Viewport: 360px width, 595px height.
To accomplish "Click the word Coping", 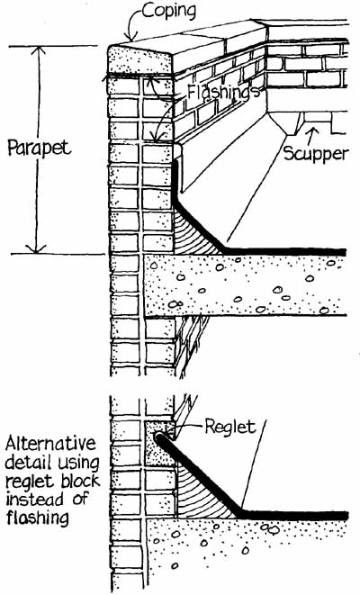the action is coord(169,11).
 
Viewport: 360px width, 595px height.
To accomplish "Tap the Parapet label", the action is coord(39,148).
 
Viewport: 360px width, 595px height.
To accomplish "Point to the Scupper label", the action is coord(316,153).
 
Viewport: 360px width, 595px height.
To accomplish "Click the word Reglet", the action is coord(230,427).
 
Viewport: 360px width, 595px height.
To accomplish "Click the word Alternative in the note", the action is coord(50,443).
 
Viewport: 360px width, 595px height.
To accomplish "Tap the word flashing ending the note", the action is coord(37,518).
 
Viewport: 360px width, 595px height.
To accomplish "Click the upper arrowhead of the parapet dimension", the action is coord(37,50).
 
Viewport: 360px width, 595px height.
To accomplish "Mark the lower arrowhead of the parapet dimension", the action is coord(36,249).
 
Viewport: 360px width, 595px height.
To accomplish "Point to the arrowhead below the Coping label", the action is coord(130,36).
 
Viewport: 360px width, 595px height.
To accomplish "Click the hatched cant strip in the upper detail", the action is coord(193,234).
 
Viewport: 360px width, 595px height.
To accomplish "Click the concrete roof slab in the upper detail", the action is coord(246,285).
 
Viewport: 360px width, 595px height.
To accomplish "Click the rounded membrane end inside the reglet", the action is coord(159,437).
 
